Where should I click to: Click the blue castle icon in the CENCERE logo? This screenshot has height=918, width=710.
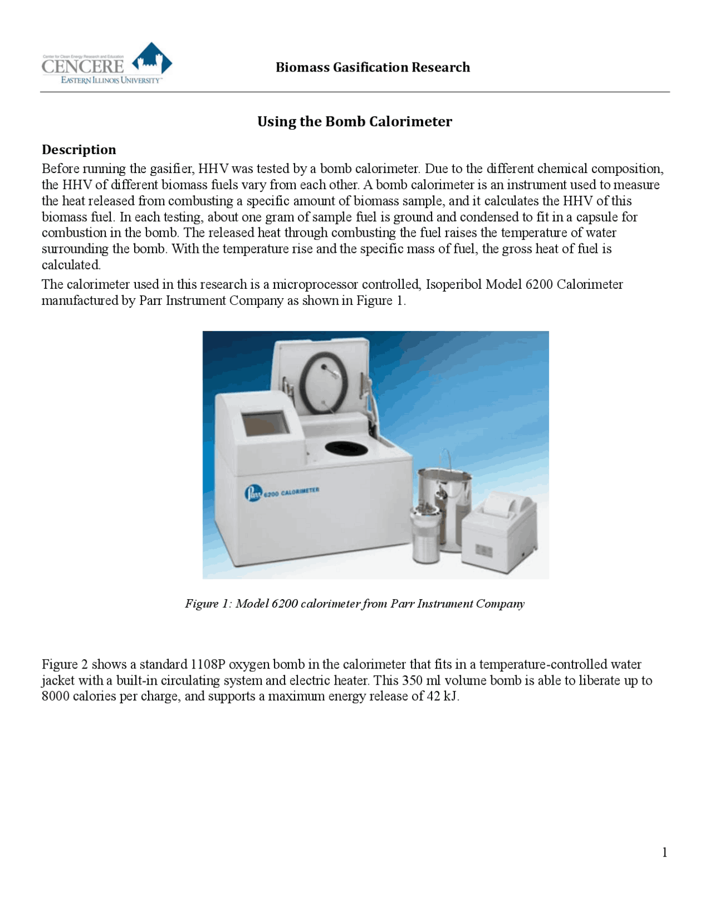click(x=151, y=59)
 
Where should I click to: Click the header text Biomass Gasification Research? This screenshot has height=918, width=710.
click(x=373, y=68)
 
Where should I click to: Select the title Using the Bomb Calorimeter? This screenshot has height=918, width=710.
click(x=354, y=121)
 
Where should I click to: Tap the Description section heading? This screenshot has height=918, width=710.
click(x=79, y=150)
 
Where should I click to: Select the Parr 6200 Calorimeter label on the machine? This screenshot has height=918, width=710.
click(x=282, y=492)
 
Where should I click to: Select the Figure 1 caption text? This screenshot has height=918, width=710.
click(x=354, y=604)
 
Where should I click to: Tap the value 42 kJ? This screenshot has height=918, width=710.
click(x=442, y=696)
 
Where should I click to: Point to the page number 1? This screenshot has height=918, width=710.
click(x=665, y=853)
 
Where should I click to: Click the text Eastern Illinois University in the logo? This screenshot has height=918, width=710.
click(x=111, y=80)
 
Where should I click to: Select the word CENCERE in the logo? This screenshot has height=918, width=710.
click(x=83, y=67)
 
